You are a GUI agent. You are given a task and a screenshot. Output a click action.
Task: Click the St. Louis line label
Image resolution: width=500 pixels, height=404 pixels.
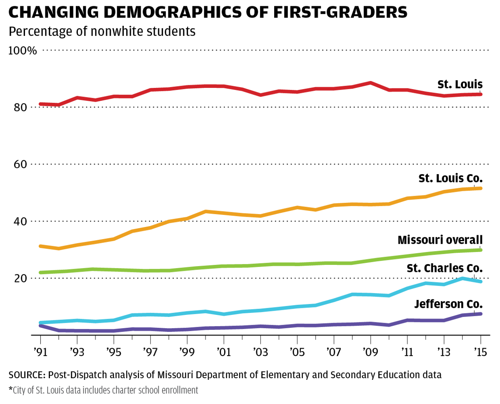(x=460, y=85)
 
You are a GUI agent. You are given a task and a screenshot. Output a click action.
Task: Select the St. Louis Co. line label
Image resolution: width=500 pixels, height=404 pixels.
(x=450, y=179)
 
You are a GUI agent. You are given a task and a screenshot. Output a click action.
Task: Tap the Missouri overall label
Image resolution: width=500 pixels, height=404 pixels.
(x=440, y=240)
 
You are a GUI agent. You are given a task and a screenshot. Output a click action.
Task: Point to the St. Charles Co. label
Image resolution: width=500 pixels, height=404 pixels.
(x=444, y=268)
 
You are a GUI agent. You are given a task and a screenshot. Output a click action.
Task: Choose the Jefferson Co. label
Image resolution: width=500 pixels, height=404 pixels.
(x=448, y=304)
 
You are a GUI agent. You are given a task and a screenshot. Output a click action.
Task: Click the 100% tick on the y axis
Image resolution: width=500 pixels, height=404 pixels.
(x=22, y=51)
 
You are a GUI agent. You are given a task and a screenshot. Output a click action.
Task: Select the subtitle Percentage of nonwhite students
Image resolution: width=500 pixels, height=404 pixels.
(x=102, y=32)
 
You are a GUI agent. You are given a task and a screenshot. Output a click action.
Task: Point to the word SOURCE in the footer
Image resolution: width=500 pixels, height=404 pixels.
(x=26, y=375)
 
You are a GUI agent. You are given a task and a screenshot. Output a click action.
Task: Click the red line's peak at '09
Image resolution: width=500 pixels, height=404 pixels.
(x=370, y=83)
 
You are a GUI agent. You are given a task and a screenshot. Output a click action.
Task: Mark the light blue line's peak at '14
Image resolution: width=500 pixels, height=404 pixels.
(x=462, y=278)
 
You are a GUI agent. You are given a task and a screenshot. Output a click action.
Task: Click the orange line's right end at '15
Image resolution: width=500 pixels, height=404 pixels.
(x=480, y=188)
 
